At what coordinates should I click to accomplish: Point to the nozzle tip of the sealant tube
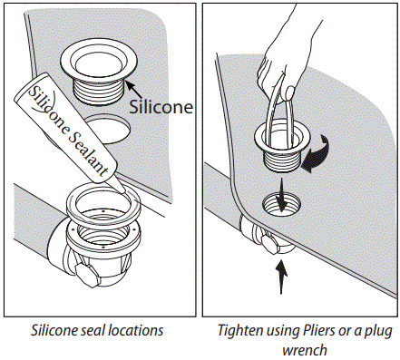click(117, 190)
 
